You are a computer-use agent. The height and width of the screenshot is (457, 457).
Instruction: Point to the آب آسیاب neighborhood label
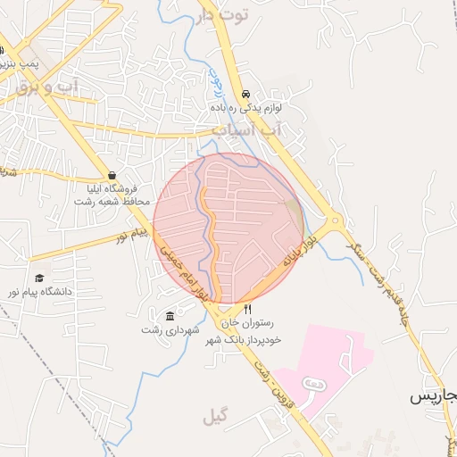(279, 130)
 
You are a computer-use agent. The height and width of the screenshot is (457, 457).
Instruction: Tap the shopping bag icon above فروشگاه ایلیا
(112, 175)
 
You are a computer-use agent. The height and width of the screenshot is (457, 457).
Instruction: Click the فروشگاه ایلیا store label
(110, 188)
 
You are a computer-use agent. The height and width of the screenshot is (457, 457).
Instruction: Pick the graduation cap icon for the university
(38, 278)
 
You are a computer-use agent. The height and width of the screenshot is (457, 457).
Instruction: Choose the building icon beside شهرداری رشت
(170, 316)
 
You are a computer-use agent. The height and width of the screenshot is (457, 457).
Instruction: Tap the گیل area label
(216, 417)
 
